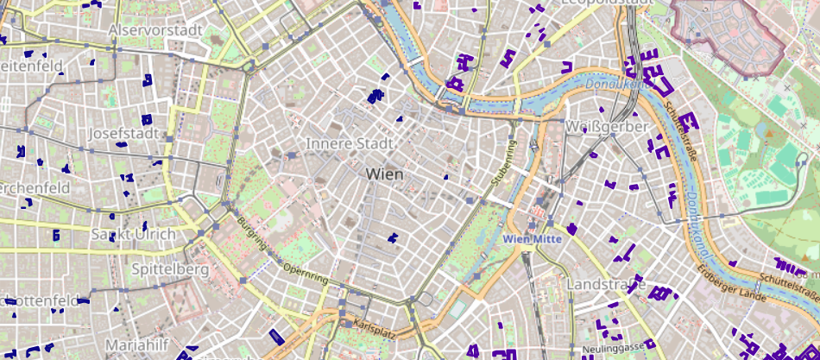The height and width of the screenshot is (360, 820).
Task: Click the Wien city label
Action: [385, 174]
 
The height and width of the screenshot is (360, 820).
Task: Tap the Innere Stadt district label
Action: [350, 143]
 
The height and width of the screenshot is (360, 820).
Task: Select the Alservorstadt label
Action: [155, 31]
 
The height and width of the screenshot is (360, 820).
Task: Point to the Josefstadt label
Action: [125, 135]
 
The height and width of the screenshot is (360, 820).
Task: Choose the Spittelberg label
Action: [170, 269]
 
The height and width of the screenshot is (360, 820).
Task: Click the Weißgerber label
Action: [606, 127]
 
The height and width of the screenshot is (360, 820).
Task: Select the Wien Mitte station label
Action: [533, 239]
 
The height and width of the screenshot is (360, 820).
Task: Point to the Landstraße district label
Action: [606, 284]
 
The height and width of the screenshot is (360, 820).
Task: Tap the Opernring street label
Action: [306, 274]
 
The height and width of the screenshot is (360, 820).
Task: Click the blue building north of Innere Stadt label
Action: [375, 97]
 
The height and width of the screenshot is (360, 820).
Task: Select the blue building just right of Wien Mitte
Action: [571, 229]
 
